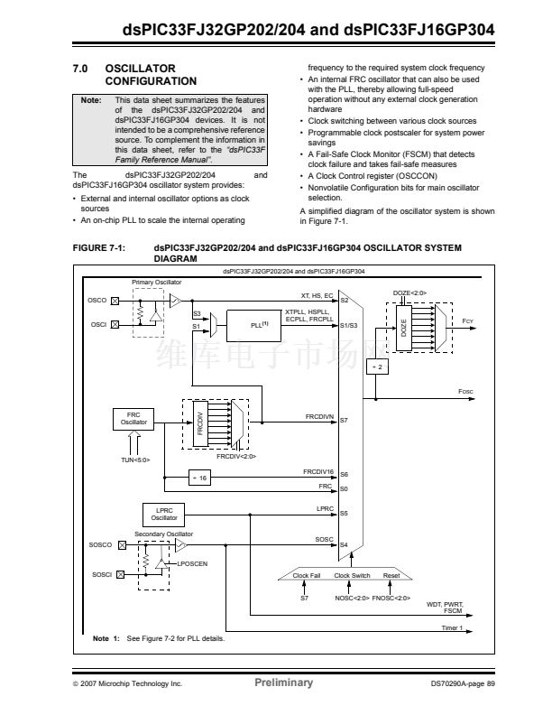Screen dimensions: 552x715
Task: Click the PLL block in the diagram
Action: tap(253, 326)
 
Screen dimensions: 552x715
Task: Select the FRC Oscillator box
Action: tap(133, 419)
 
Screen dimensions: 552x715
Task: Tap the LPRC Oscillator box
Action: tap(164, 515)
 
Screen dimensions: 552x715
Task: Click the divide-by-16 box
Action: tap(199, 478)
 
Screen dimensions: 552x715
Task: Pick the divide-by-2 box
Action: tap(378, 367)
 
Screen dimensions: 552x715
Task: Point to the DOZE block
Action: tap(403, 328)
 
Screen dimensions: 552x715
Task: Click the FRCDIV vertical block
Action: tap(200, 424)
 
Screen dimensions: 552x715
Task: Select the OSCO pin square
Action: tap(115, 301)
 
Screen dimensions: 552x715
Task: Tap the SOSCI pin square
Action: tap(120, 574)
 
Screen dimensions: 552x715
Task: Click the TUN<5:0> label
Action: tap(135, 460)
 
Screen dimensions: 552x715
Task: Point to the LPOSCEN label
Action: tap(192, 564)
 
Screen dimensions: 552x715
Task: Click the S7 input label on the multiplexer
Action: tap(344, 421)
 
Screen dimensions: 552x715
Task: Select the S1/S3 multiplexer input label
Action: tap(349, 326)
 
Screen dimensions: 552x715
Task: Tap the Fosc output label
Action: tap(465, 392)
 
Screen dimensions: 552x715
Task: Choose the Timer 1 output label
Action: tap(452, 628)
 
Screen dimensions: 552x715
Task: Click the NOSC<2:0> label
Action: tap(352, 598)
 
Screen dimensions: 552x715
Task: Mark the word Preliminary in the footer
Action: tap(284, 682)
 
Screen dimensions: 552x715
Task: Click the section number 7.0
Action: tap(80, 69)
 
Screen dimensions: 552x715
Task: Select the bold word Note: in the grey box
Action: tap(91, 100)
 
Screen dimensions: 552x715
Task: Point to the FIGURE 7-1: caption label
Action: tap(99, 248)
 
